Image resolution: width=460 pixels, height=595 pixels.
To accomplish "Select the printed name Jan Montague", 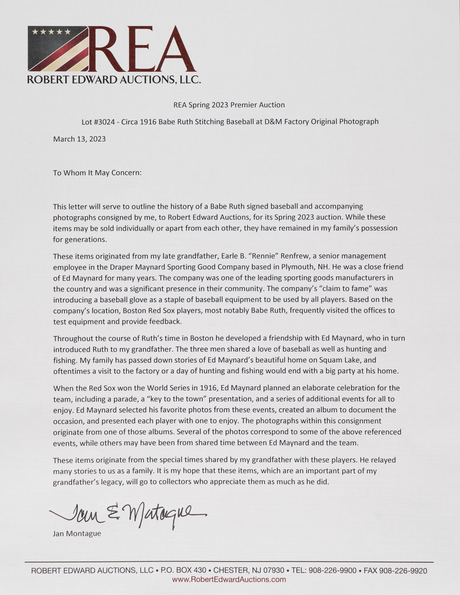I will coord(77,534).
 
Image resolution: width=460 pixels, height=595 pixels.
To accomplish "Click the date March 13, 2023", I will coord(79,139).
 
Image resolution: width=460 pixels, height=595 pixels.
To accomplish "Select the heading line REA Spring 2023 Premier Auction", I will coord(229,105).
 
